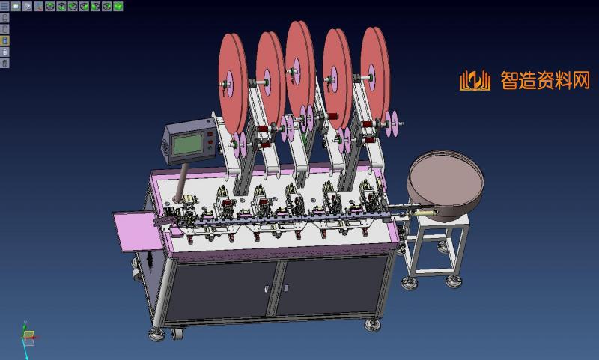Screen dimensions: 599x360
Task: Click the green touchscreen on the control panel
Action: tap(188, 144)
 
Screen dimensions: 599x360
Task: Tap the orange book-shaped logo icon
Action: tap(475, 81)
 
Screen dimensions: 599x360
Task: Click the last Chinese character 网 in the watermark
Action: tap(581, 80)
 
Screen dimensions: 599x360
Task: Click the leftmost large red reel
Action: tap(233, 84)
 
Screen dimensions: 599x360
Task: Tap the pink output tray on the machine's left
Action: tap(137, 231)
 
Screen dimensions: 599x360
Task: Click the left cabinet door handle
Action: tap(267, 289)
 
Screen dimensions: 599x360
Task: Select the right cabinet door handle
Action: tap(286, 287)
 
